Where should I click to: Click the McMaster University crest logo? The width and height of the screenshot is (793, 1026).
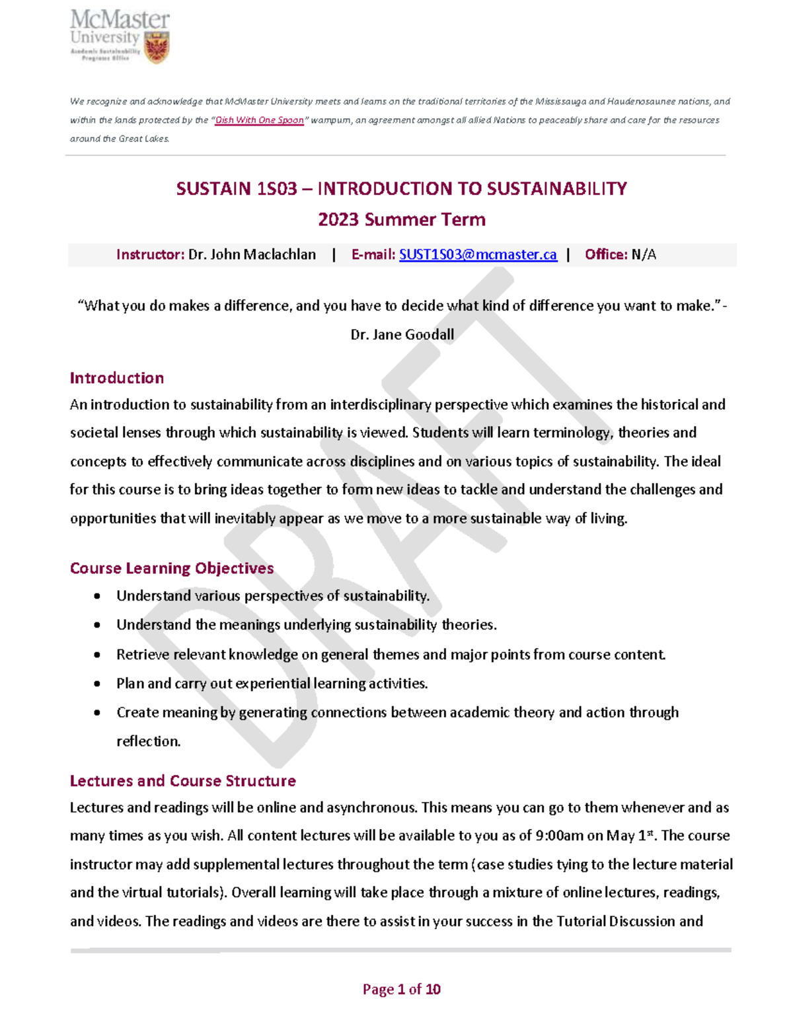click(157, 48)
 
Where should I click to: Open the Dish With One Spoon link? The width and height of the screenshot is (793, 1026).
click(259, 120)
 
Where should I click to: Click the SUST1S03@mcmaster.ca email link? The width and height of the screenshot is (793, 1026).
click(478, 254)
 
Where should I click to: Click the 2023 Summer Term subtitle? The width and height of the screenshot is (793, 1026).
click(401, 219)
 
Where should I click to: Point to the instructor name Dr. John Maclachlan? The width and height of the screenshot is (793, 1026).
click(252, 254)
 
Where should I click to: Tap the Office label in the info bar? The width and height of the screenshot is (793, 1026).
click(605, 254)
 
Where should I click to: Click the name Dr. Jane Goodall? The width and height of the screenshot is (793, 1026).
click(402, 334)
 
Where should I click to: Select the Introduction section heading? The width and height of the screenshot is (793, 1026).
click(117, 378)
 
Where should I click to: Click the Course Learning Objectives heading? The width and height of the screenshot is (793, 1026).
click(172, 568)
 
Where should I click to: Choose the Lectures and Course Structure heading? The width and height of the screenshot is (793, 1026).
click(183, 781)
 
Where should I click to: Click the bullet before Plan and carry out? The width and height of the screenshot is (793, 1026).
click(97, 684)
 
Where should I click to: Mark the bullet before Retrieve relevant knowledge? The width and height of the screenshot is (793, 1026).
click(97, 655)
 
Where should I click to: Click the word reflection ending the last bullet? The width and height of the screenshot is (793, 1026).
click(147, 741)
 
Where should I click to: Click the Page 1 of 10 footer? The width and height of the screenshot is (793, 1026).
click(401, 989)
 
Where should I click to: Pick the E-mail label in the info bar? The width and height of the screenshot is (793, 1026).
click(373, 254)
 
